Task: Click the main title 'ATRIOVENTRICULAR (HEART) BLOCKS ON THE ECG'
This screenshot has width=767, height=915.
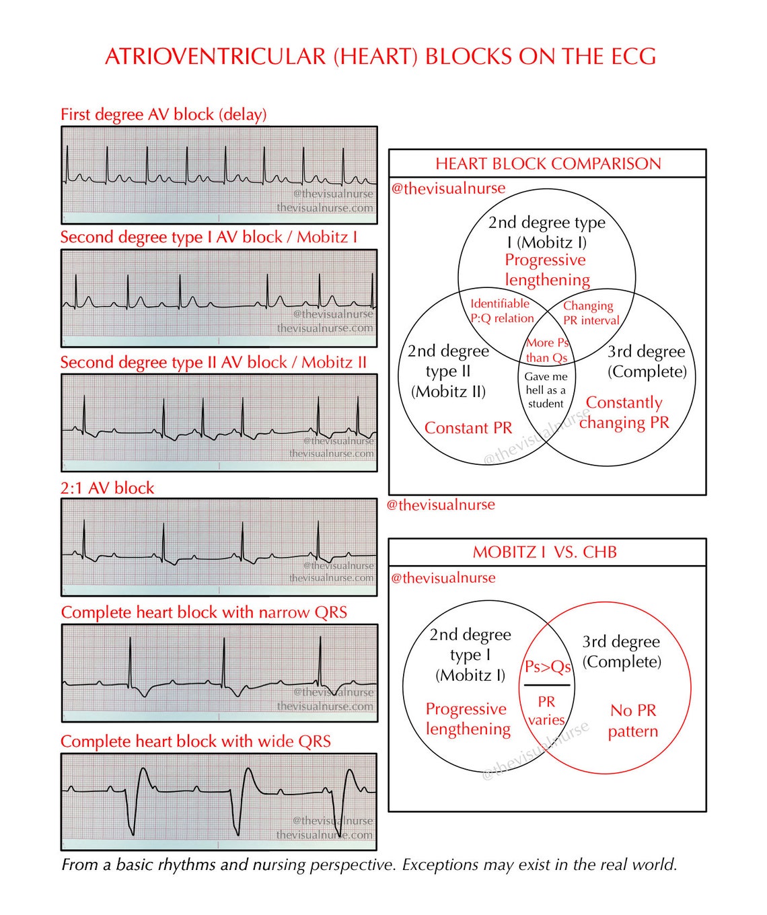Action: point(380,57)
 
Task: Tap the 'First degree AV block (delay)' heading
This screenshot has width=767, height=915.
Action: point(163,114)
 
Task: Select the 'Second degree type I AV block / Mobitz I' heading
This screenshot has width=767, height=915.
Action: point(209,237)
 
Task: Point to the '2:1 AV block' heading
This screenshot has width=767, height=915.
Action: point(107,488)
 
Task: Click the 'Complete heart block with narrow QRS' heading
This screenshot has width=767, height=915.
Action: point(204,612)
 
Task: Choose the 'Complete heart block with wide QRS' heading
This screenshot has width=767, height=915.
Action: point(196,741)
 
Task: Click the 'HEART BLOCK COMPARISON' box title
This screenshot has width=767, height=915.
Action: point(548,163)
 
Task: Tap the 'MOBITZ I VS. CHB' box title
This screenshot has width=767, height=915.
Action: point(544,552)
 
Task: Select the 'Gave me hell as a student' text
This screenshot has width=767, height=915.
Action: point(546,390)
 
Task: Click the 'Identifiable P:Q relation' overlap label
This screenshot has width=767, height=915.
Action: point(501,311)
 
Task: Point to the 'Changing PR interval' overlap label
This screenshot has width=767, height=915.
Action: point(590,313)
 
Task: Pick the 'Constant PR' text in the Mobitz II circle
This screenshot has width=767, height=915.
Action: point(468,428)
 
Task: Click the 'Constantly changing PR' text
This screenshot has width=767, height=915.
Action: point(624,412)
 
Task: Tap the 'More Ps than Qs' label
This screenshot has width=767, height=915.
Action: point(547,350)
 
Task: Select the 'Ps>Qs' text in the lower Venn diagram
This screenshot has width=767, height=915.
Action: point(547,667)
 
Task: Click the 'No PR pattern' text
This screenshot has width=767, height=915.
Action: point(632,721)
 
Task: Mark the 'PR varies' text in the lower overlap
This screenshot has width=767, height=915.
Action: point(546,710)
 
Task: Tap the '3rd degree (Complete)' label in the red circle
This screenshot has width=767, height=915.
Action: point(621,651)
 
